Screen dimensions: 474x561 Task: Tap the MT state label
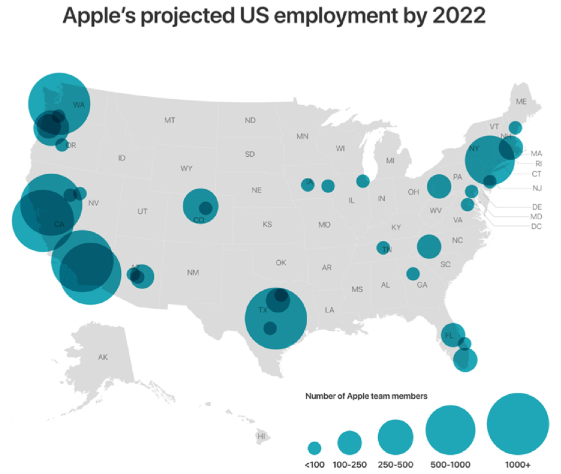pyautogui.click(x=170, y=121)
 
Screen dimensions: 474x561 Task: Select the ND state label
pyautogui.click(x=250, y=121)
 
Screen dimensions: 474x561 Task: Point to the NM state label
pyautogui.click(x=192, y=273)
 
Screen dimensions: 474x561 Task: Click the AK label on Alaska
pyautogui.click(x=103, y=357)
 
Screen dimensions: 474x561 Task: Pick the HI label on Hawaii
pyautogui.click(x=261, y=436)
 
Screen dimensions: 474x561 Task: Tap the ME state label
pyautogui.click(x=521, y=102)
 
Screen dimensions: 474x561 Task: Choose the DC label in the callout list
pyautogui.click(x=537, y=226)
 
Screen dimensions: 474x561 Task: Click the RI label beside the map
pyautogui.click(x=538, y=163)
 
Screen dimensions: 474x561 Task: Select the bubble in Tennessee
pyautogui.click(x=384, y=248)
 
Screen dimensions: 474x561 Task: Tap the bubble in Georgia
pyautogui.click(x=413, y=274)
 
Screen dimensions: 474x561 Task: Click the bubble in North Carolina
pyautogui.click(x=429, y=246)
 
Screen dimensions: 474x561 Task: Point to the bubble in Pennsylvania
pyautogui.click(x=439, y=186)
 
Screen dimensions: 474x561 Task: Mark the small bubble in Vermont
pyautogui.click(x=515, y=127)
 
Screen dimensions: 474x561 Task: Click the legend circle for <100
pyautogui.click(x=314, y=448)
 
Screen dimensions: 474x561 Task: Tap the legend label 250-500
pyautogui.click(x=395, y=464)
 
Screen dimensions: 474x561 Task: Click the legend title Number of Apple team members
pyautogui.click(x=366, y=397)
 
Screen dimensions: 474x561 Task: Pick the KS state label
pyautogui.click(x=268, y=225)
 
